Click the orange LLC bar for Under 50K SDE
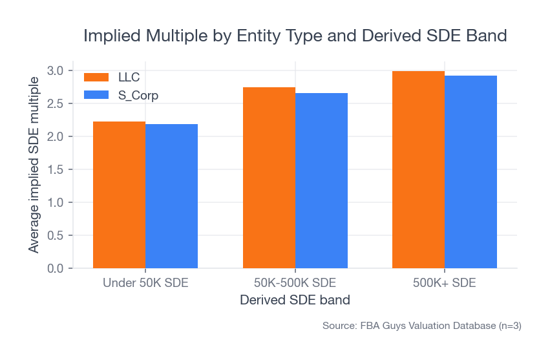(119, 195)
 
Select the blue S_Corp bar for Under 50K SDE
(171, 196)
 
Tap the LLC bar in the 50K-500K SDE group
(269, 178)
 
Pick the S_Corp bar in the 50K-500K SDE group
(321, 180)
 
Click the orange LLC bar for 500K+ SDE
(418, 169)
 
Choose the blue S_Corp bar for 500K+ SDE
(471, 172)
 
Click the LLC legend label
(129, 78)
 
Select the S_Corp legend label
(138, 95)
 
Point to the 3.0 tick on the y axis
(56, 70)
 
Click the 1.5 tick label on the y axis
(56, 169)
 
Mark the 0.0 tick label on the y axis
(56, 268)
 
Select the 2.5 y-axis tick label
(56, 103)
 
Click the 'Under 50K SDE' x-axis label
(145, 283)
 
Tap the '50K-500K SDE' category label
(295, 283)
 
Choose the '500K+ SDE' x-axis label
(445, 283)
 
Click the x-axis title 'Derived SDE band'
(295, 301)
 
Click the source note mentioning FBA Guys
(421, 326)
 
